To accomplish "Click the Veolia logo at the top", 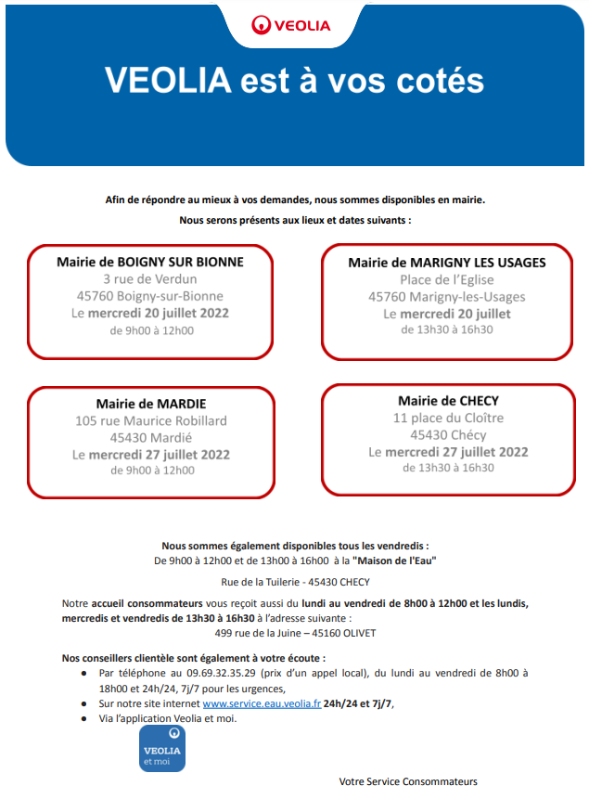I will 291,25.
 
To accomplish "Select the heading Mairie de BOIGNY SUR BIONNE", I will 150,262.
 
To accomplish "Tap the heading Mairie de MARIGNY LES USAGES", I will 447,263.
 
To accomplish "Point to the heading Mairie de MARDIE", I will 151,404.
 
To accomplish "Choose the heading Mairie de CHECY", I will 448,401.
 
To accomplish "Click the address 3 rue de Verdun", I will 150,278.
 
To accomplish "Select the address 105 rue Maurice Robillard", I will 151,420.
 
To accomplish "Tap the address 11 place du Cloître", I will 448,418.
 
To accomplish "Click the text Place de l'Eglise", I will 447,279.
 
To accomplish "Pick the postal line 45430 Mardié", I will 151,437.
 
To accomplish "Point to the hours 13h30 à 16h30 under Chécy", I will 448,468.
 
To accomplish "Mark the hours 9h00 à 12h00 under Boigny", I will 151,330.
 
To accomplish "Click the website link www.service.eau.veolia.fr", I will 261,703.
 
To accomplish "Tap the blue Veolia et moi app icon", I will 162,749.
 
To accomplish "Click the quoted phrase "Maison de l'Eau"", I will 394,561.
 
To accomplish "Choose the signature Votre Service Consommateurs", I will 408,781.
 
